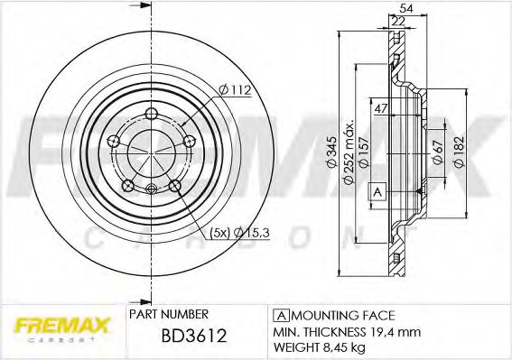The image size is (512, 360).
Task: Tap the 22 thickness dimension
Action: (x=398, y=22)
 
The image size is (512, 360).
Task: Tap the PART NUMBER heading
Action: (x=170, y=314)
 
